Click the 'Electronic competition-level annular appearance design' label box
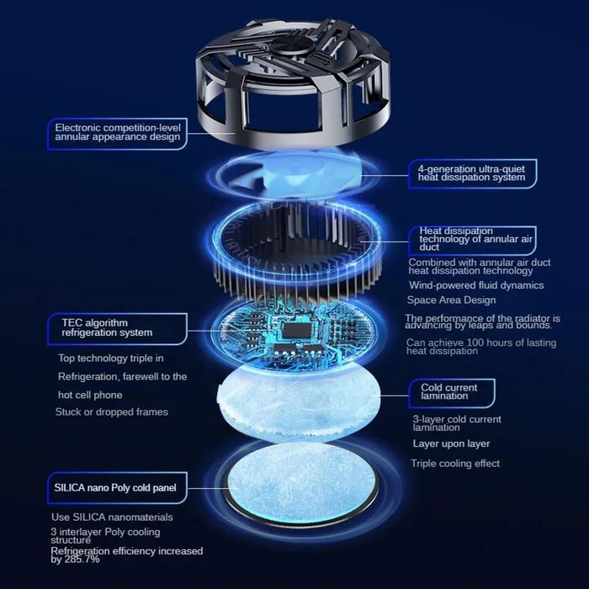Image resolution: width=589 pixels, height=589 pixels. click(x=117, y=134)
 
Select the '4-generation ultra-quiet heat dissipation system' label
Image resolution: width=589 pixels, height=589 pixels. click(x=472, y=173)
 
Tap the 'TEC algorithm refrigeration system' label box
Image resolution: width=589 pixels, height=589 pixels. click(x=117, y=329)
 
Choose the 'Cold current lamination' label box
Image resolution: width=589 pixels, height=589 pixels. click(x=452, y=393)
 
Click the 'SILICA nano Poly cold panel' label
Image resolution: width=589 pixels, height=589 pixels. click(x=117, y=487)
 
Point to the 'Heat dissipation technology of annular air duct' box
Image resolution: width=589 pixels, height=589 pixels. click(x=472, y=241)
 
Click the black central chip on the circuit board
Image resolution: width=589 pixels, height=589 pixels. click(x=297, y=330)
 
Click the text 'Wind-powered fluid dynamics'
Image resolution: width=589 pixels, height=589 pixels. click(x=476, y=285)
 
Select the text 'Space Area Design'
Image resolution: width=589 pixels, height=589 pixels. click(x=452, y=300)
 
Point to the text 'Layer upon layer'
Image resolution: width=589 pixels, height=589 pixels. click(x=451, y=443)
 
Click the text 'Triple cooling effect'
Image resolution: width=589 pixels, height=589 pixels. click(x=455, y=464)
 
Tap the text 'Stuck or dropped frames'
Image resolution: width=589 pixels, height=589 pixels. click(x=112, y=412)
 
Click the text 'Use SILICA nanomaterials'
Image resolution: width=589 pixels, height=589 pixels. click(x=112, y=517)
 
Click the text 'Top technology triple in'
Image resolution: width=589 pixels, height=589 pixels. click(x=111, y=358)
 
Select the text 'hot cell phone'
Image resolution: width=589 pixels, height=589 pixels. click(x=90, y=395)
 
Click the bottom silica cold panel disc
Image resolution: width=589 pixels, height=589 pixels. click(x=300, y=485)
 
